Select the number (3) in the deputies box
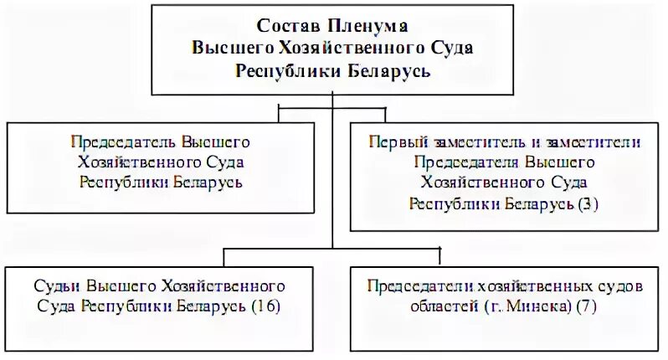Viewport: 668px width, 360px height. (590, 203)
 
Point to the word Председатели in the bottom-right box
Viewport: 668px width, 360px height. (415, 285)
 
